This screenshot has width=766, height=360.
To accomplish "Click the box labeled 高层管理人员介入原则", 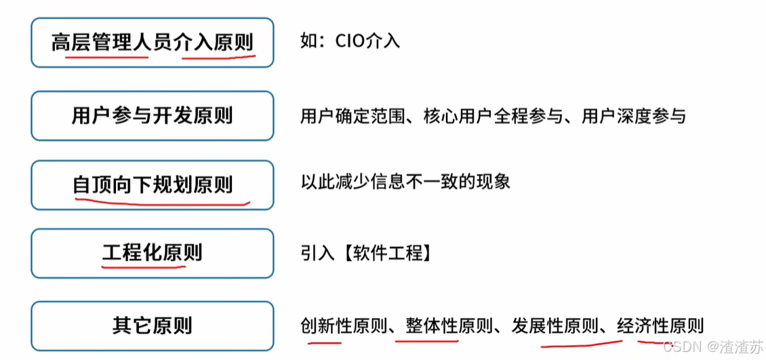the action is tap(152, 43).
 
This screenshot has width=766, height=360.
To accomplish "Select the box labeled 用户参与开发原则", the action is tap(152, 115).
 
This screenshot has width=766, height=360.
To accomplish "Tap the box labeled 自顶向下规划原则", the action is tap(152, 184).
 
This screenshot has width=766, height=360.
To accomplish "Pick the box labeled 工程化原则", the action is tap(152, 254).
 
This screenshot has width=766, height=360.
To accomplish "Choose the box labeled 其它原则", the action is tap(152, 325).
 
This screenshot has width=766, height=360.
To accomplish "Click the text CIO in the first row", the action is tap(350, 41).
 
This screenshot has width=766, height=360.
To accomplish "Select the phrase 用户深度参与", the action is tap(634, 117).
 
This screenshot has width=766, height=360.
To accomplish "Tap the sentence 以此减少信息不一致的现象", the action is tap(405, 182).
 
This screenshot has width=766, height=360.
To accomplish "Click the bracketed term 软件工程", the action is tap(384, 254).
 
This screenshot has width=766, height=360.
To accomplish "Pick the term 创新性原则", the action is tap(344, 326).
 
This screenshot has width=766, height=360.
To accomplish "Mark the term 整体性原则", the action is tap(449, 326).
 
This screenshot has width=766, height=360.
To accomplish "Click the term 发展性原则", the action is tap(555, 326).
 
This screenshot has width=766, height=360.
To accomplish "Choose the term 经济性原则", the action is tap(660, 326).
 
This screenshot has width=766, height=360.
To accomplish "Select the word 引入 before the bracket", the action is tap(317, 254).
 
